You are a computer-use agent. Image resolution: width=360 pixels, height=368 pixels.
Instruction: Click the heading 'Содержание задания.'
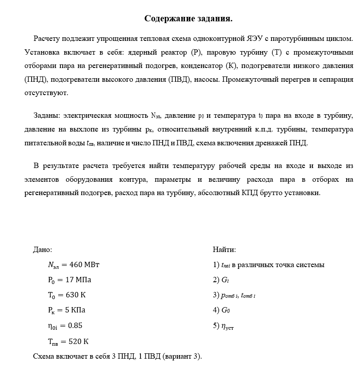click(188, 19)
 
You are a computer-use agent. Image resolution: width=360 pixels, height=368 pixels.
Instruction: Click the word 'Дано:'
click(43, 250)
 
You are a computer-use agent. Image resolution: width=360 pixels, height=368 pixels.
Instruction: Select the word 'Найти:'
click(224, 250)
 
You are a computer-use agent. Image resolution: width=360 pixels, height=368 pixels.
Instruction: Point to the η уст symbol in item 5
click(227, 327)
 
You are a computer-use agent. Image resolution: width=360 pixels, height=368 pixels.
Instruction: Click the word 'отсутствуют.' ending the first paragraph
click(46, 93)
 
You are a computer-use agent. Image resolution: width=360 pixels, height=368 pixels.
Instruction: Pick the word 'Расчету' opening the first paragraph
click(46, 38)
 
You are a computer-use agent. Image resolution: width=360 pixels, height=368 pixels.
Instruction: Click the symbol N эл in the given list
click(53, 265)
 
